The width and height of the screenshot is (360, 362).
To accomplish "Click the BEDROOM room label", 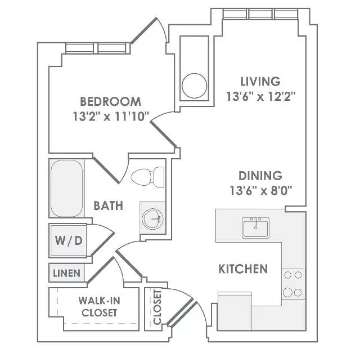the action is pos(110,101).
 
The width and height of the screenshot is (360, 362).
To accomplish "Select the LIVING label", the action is pos(260,82).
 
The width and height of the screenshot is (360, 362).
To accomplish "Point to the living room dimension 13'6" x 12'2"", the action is pos(261,96).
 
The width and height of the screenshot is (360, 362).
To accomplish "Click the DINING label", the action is pos(260,176).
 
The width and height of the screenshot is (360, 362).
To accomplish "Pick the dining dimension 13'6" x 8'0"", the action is pos(261,191).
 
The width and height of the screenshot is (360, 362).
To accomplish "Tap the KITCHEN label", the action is pos(243,269).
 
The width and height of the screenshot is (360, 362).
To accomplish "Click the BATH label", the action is pos(109,205).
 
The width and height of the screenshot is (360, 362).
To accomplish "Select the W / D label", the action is pos(69,240).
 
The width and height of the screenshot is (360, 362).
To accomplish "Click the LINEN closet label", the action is pos(66,274).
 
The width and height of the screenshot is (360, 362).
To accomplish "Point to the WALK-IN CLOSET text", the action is pos(100,307).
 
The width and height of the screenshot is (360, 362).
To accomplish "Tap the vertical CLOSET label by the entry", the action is pos(157,307).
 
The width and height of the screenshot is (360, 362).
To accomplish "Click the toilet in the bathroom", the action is pos(147,177).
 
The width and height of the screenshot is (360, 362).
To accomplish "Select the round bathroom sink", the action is pos(152,219).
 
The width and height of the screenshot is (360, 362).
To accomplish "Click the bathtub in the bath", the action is pos(66,189).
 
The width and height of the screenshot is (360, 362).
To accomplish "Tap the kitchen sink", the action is pos(256,227).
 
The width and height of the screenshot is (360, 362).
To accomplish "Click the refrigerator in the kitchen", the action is pos(235,311).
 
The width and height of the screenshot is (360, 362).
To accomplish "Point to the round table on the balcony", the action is pos(195,86).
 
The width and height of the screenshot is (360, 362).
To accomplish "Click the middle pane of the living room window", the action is pos(260,14).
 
